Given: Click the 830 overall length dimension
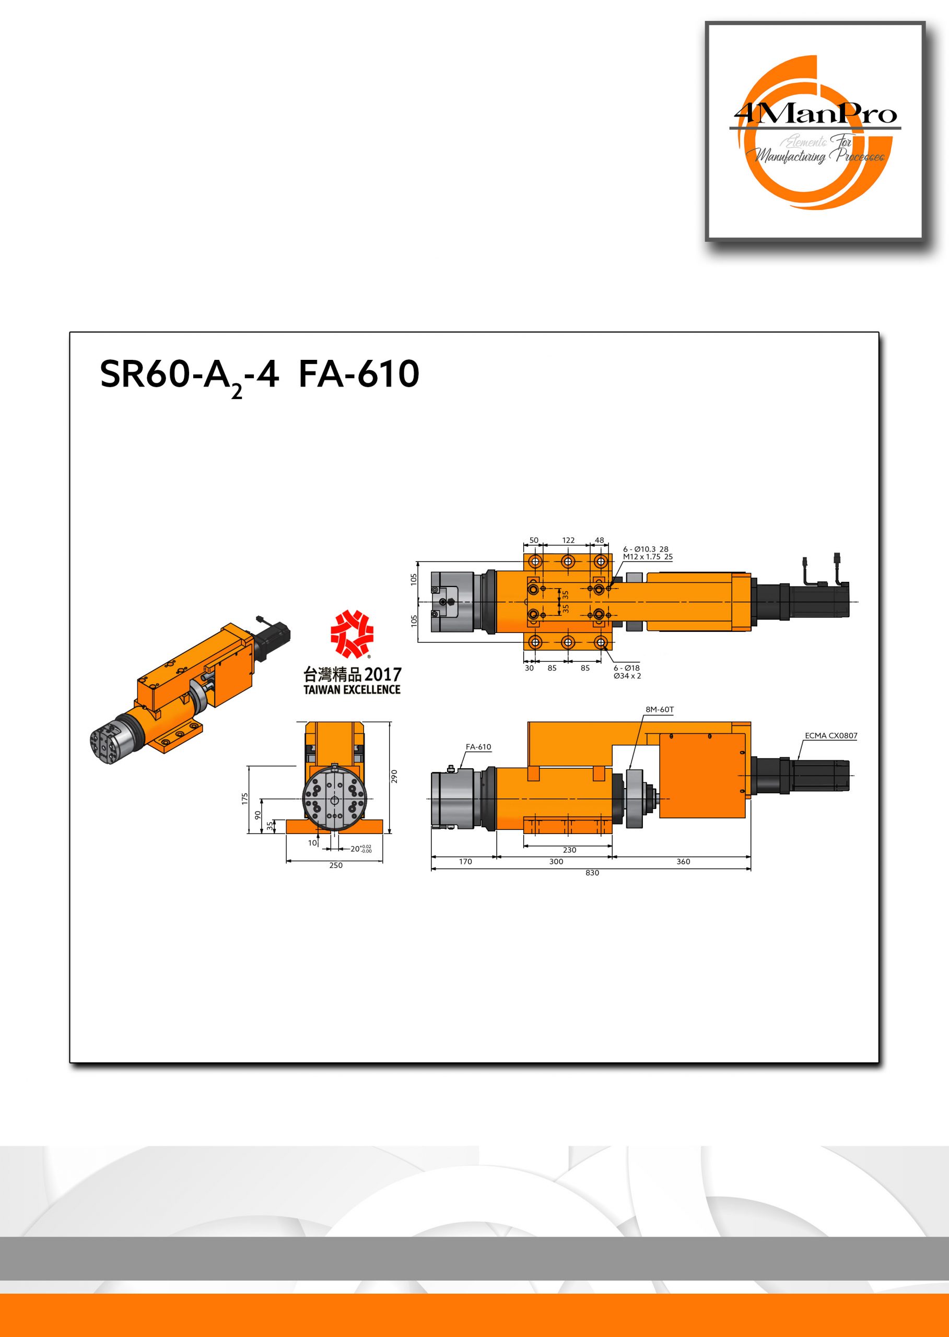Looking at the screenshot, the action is click(x=592, y=872).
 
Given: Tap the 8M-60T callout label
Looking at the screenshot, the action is click(x=660, y=709).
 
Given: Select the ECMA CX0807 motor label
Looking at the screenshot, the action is click(x=831, y=736).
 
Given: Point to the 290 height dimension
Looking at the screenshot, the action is click(x=394, y=777).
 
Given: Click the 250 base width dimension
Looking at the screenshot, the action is click(x=335, y=865).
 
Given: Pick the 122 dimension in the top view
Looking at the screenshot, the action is click(x=568, y=541).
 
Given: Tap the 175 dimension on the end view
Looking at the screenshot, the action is click(x=245, y=800).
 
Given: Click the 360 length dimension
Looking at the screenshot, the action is click(x=683, y=861).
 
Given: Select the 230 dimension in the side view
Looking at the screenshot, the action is click(x=569, y=850).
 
